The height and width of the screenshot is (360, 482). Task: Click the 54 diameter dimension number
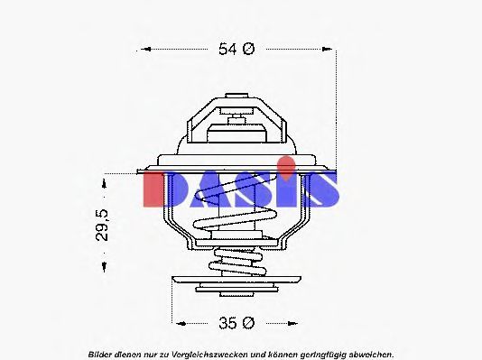[x=227, y=49]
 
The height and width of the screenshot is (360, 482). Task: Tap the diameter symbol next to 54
[x=248, y=49]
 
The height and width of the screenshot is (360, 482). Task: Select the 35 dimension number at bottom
[x=227, y=323]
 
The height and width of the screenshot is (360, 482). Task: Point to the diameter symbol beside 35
[x=248, y=323]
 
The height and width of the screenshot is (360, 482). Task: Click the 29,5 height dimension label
[x=102, y=225]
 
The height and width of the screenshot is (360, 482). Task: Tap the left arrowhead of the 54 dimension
[x=146, y=49]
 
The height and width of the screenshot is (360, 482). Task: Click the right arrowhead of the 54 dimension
[x=327, y=49]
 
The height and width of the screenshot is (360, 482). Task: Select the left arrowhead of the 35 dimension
[x=181, y=323]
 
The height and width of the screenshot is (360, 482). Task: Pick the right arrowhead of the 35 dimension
[x=292, y=323]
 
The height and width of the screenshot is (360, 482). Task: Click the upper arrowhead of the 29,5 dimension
[x=105, y=184]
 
